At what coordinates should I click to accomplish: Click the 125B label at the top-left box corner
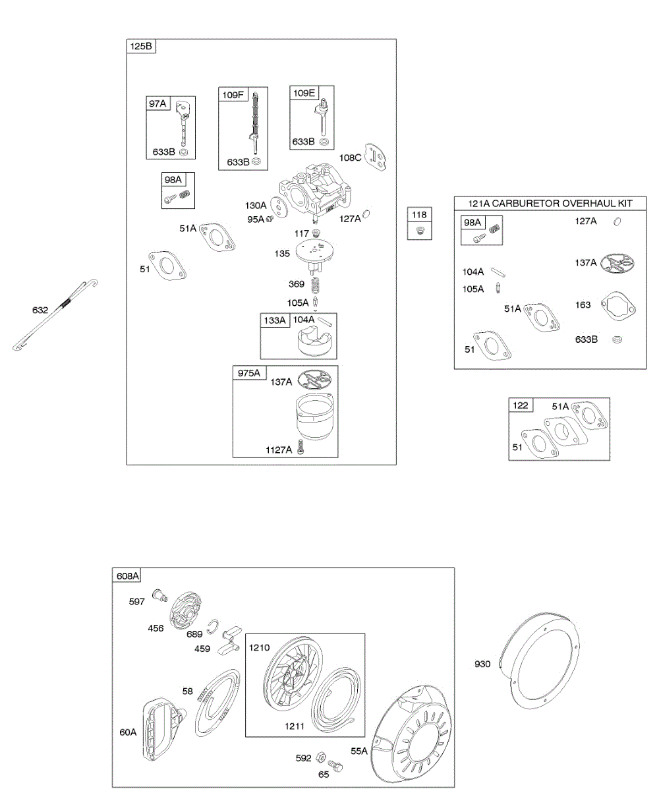pyautogui.click(x=141, y=46)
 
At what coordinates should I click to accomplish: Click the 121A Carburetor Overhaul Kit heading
pyautogui.click(x=550, y=204)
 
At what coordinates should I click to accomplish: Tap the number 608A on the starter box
pyautogui.click(x=127, y=575)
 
